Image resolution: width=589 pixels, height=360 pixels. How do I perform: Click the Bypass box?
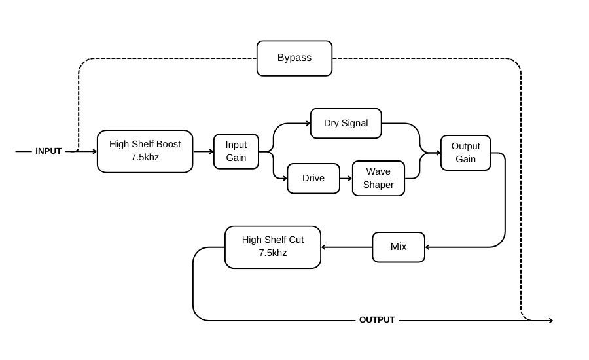(x=294, y=58)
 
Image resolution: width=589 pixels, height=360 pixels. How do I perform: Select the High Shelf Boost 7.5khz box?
(x=145, y=151)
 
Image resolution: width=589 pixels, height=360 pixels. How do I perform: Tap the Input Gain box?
(x=236, y=151)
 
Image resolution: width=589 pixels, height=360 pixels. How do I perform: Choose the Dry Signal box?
(x=346, y=123)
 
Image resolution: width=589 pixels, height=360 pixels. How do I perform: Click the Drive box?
(x=313, y=178)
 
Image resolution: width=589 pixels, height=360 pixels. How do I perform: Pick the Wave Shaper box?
(x=378, y=178)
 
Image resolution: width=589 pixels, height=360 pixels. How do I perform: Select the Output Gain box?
(x=465, y=153)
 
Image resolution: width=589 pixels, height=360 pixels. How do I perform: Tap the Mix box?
(x=399, y=247)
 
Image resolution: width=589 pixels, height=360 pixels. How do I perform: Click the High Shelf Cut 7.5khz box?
(x=272, y=247)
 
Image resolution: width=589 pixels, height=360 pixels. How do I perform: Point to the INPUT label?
(x=48, y=151)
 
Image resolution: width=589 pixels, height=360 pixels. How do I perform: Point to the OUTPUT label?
(x=377, y=320)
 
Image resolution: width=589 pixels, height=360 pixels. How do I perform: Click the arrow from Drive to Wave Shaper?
(x=346, y=178)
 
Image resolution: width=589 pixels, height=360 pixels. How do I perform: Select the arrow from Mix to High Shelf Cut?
(x=346, y=247)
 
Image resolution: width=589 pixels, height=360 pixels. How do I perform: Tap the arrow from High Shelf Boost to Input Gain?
(x=203, y=151)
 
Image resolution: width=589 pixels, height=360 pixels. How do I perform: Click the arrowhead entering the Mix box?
(x=427, y=247)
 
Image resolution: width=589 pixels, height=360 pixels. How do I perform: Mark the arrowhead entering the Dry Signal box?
(x=308, y=123)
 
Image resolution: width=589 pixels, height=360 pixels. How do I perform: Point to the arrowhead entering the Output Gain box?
(x=438, y=153)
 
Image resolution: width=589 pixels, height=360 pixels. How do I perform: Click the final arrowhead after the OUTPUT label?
(x=550, y=321)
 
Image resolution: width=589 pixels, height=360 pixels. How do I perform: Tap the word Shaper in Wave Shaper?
(x=378, y=185)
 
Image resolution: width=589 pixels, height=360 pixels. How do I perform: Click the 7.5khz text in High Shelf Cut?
(x=272, y=253)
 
